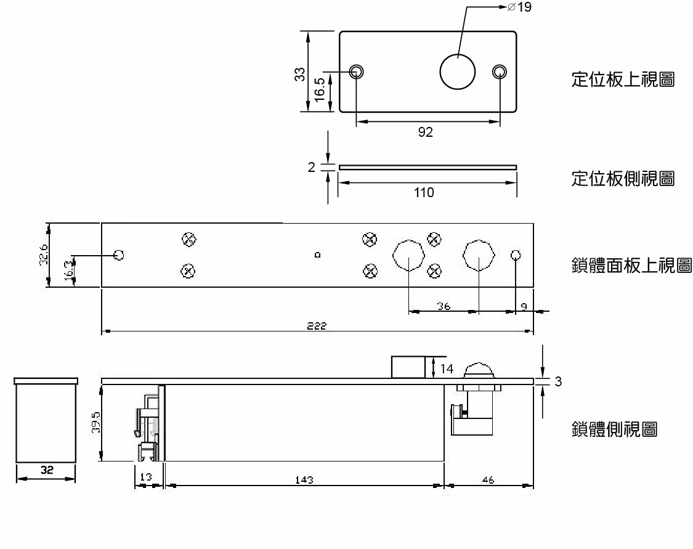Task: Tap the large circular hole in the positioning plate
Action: coord(458,71)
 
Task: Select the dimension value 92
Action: coord(426,132)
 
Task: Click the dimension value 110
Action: coord(424,193)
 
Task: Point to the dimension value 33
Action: coord(300,74)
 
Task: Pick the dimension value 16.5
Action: coord(319,91)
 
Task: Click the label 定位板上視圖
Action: coord(623,81)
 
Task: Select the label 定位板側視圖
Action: coord(623,180)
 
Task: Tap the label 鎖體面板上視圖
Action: coord(631,266)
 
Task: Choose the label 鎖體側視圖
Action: coord(614,429)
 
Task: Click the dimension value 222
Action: coord(317,325)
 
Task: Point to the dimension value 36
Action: coord(444,306)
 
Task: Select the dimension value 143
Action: coord(304,480)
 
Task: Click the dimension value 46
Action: coord(487,480)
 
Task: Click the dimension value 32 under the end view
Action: coord(46,470)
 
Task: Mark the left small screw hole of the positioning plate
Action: coord(356,71)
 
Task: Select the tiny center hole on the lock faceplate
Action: coord(317,254)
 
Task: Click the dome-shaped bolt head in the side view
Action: coord(480,370)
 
